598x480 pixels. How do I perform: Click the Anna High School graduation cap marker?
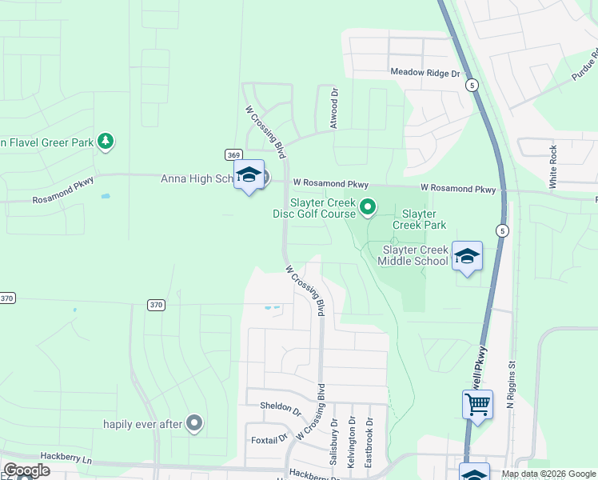coord(249,176)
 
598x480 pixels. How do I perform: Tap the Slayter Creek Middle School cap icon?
coord(467,257)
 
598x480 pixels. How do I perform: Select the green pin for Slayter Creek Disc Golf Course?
coord(368,208)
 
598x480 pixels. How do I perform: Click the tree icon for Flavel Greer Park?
coord(105,142)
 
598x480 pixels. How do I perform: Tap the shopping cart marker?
coord(477,405)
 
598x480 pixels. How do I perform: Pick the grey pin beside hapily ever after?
coord(194,423)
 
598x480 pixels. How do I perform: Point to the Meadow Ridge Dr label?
coord(426,73)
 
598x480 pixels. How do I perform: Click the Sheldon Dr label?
coord(280,406)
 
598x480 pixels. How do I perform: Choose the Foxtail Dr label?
coord(269,438)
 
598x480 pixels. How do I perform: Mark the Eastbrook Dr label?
coord(369,442)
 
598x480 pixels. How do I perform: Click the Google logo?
coord(26,470)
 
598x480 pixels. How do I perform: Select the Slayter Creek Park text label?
coord(419,220)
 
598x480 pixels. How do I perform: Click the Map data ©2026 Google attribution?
coord(548,474)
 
